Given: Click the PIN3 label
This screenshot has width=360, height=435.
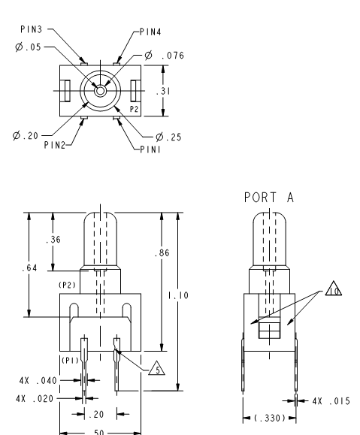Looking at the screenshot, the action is tap(32, 29).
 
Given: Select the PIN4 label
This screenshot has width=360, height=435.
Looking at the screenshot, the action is tap(150, 32).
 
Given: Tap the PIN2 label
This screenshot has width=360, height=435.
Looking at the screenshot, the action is tap(55, 145).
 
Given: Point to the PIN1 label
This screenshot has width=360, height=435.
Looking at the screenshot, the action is tap(150, 150).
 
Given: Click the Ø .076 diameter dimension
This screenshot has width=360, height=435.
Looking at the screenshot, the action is tap(165, 55).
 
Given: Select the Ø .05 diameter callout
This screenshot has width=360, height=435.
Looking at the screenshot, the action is tap(28, 47).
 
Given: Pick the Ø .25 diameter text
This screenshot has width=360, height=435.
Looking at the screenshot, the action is tap(168, 137).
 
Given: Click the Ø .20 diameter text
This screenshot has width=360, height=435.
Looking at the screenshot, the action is tap(26, 136).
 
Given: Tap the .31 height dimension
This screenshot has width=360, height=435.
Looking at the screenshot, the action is tap(163, 91).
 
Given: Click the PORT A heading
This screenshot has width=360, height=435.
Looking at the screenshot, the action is tap(269, 198).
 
